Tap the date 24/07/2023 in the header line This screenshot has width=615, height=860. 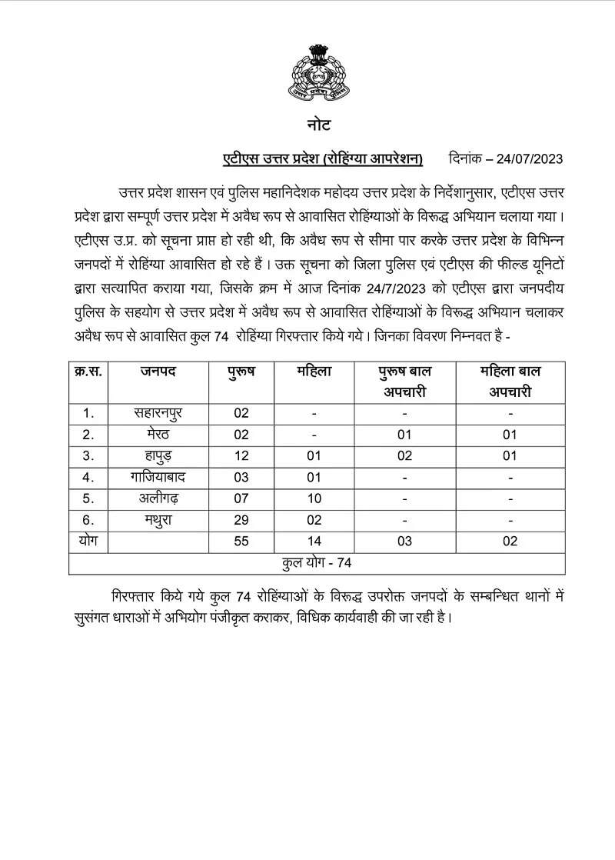pos(530,159)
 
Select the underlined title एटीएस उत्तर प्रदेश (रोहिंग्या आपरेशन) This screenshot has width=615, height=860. pos(323,159)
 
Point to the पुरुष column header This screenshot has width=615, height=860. pos(241,372)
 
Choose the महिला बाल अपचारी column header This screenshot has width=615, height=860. pos(510,382)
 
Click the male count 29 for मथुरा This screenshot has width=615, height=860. pos(241,520)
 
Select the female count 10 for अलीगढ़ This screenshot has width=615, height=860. pos(314,498)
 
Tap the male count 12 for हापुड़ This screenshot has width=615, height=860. pos(241,456)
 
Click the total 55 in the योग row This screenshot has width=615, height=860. pos(241,542)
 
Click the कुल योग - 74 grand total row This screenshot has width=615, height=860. pos(317,563)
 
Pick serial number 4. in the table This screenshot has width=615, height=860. pos(88,478)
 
